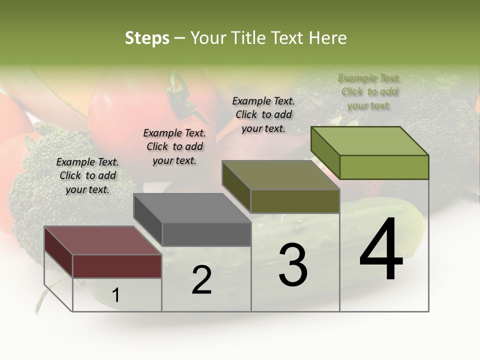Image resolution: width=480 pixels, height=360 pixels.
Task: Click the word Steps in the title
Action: click(147, 38)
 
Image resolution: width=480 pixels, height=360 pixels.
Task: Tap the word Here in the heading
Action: click(328, 38)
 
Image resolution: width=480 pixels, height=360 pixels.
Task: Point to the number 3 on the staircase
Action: click(292, 265)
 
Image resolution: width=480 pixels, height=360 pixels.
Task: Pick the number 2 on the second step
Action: click(201, 280)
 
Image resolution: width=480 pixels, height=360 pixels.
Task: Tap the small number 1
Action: click(116, 295)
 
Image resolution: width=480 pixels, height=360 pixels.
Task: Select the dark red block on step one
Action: click(117, 265)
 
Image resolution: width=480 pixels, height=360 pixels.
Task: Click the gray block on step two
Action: click(206, 234)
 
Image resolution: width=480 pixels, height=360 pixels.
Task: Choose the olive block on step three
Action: click(295, 201)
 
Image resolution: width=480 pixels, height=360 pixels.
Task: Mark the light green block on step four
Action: click(384, 167)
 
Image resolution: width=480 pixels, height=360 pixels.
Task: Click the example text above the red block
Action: click(87, 175)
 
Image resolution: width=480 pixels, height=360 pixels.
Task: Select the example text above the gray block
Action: click(174, 146)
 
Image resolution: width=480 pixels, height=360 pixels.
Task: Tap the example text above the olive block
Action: click(263, 114)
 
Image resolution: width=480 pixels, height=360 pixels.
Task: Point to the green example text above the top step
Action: click(369, 91)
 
